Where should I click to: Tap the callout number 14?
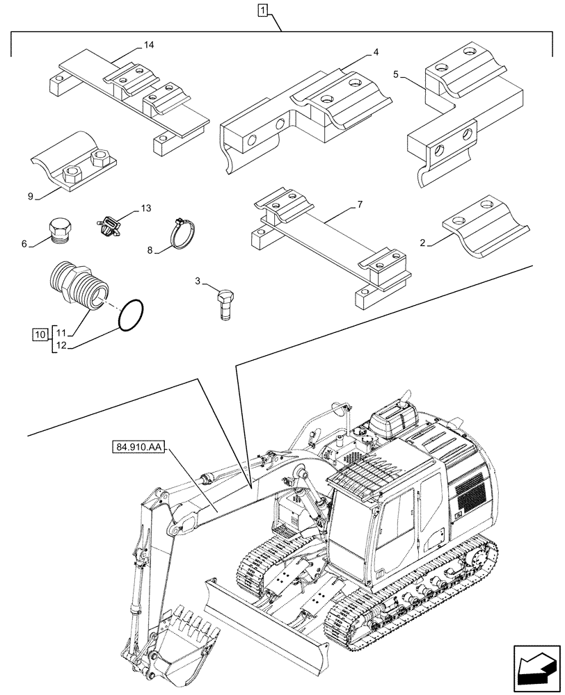point(149,45)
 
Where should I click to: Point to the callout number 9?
point(31,196)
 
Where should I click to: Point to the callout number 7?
point(359,206)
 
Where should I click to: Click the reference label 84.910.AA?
point(136,448)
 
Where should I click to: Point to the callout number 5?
point(395,74)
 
